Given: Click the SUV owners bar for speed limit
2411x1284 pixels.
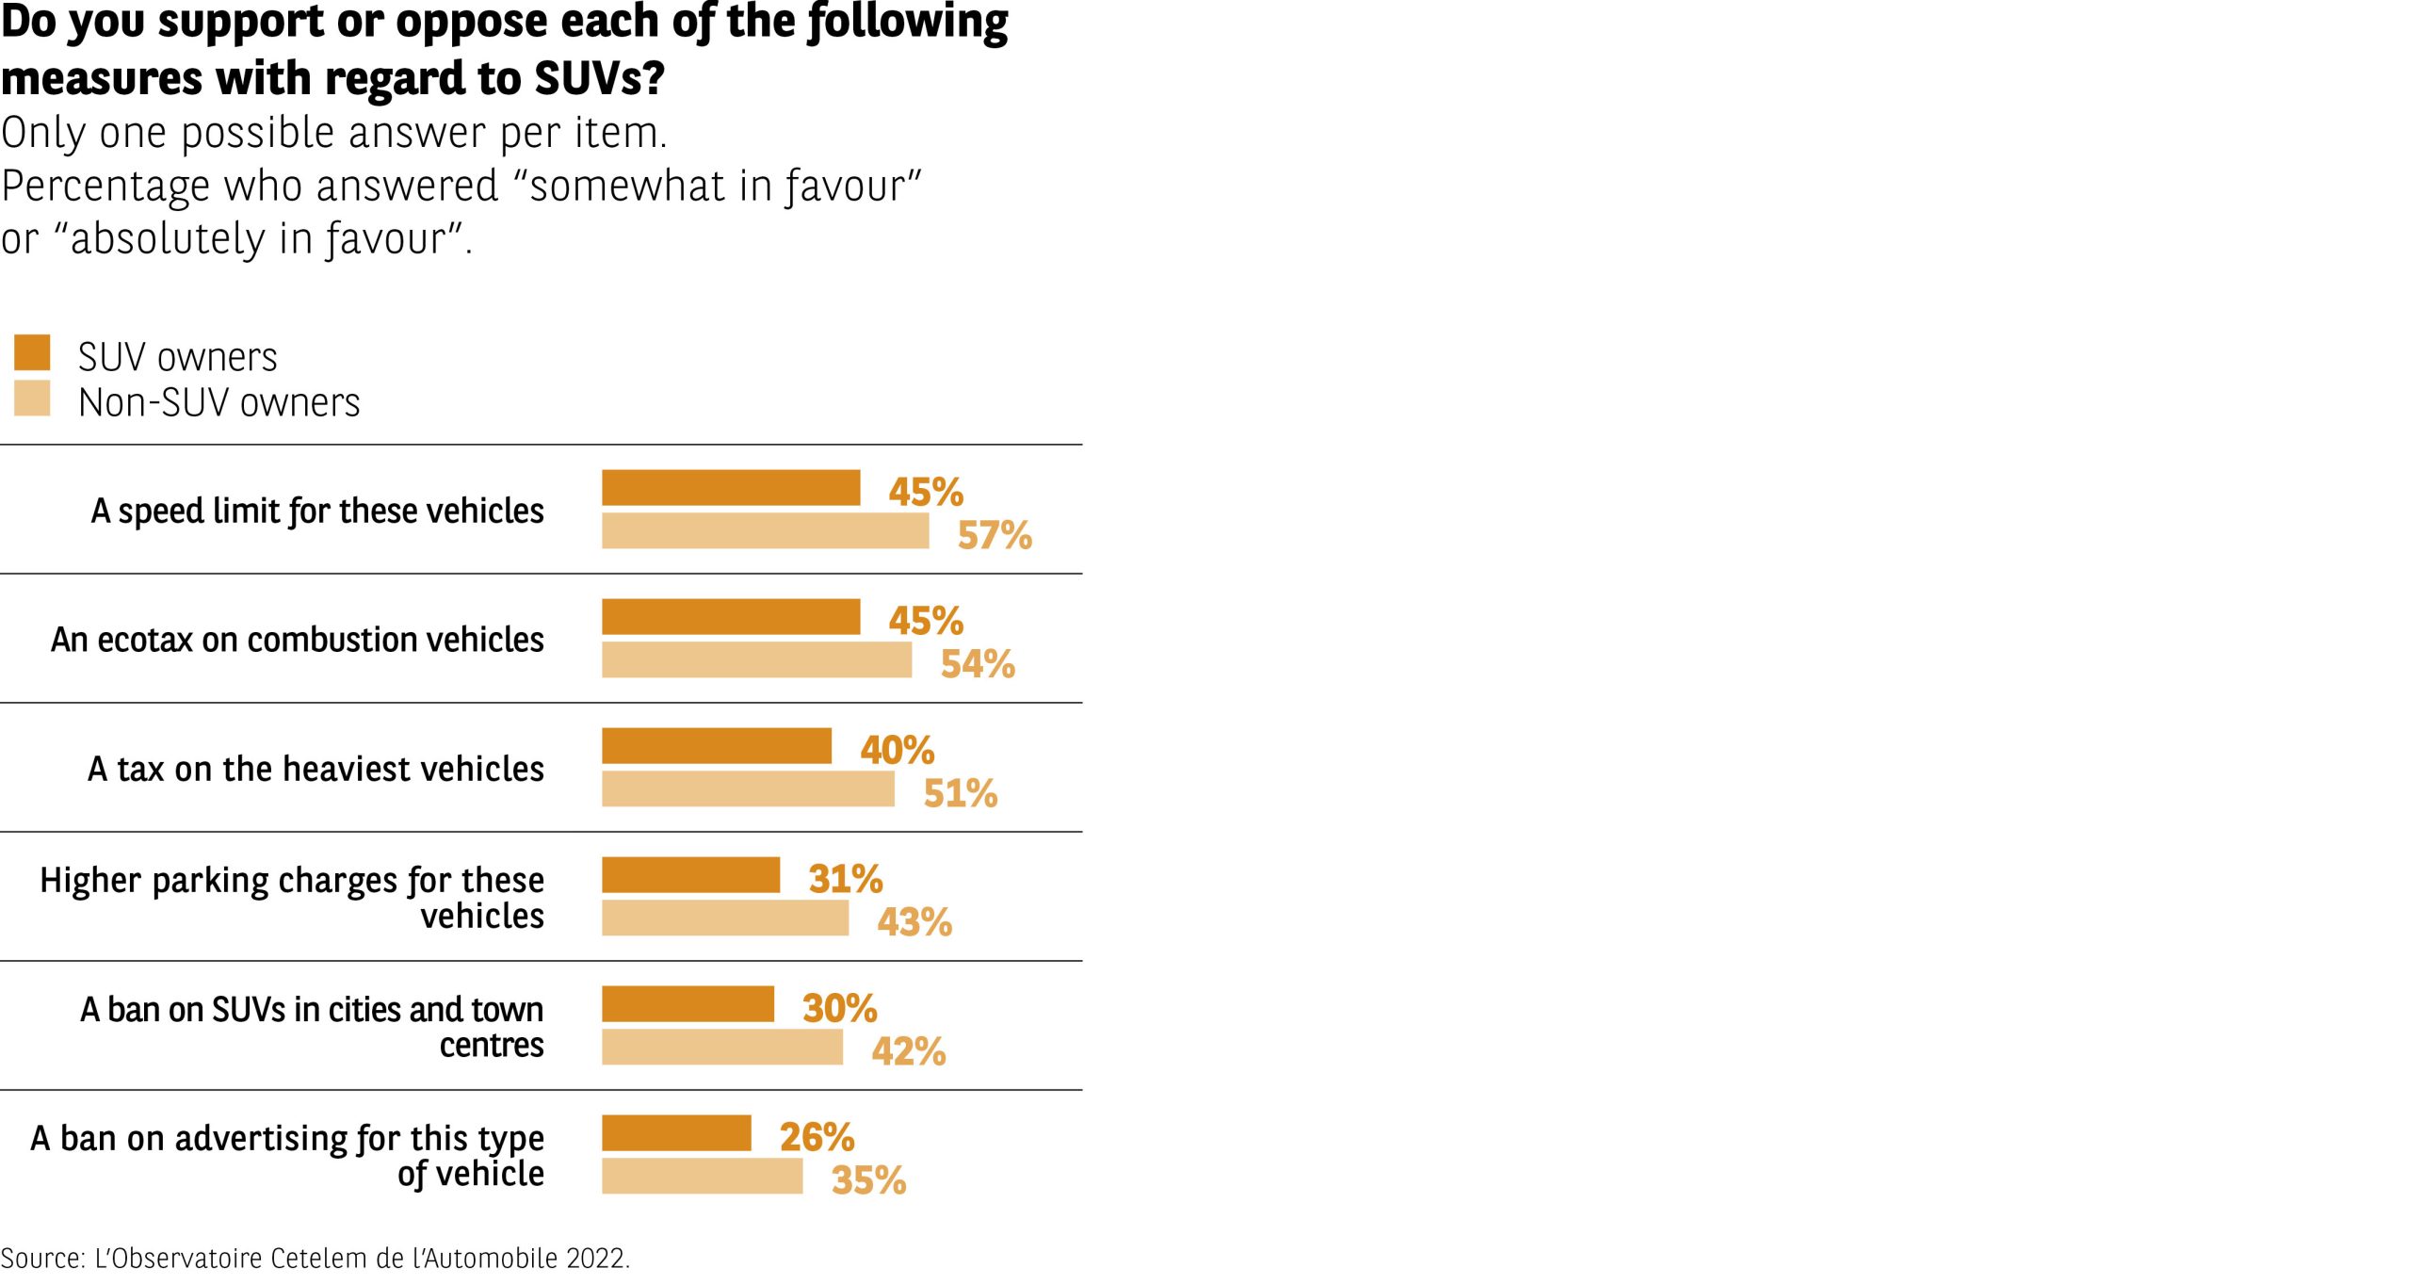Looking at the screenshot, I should click(731, 488).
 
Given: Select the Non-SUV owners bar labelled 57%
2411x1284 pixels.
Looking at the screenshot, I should click(765, 531).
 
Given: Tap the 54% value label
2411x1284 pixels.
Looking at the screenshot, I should click(978, 664).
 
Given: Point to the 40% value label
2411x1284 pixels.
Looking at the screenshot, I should click(897, 751).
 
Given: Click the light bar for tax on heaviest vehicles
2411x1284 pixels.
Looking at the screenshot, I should click(748, 789).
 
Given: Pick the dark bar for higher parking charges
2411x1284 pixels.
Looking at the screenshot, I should click(690, 875).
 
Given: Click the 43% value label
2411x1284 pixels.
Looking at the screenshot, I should click(914, 922).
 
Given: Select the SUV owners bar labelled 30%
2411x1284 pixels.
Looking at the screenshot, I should click(688, 1004).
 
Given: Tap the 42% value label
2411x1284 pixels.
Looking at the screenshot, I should click(908, 1051).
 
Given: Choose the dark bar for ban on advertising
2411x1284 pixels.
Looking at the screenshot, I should click(676, 1133).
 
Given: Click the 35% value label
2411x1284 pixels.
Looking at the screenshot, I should click(868, 1180).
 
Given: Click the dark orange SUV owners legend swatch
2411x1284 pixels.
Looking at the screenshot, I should click(32, 352).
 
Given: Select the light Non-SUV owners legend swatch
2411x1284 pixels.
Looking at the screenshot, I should click(32, 398).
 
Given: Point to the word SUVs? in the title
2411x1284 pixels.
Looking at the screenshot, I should click(600, 78).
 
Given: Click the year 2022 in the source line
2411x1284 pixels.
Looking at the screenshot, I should click(597, 1259).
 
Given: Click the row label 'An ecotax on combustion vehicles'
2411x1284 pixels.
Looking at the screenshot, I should click(297, 640).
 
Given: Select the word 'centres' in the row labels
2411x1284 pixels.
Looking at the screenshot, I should click(492, 1045).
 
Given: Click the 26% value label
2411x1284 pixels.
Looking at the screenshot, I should click(817, 1137).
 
